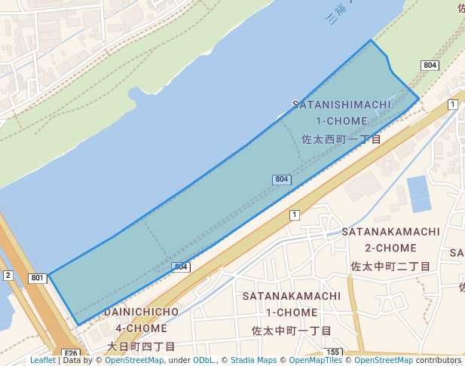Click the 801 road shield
(38, 278)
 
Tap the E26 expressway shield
(71, 353)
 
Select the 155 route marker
(335, 352)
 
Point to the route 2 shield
(8, 275)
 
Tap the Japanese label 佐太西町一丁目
(341, 139)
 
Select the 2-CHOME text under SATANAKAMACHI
(390, 248)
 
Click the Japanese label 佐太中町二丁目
(390, 267)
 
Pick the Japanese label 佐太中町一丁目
(292, 331)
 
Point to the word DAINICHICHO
(142, 311)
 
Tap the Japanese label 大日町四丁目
(141, 346)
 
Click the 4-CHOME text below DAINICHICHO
(141, 328)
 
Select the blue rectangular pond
(419, 194)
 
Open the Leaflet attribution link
(42, 360)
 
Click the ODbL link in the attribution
(203, 360)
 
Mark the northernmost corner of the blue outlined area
(370, 40)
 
